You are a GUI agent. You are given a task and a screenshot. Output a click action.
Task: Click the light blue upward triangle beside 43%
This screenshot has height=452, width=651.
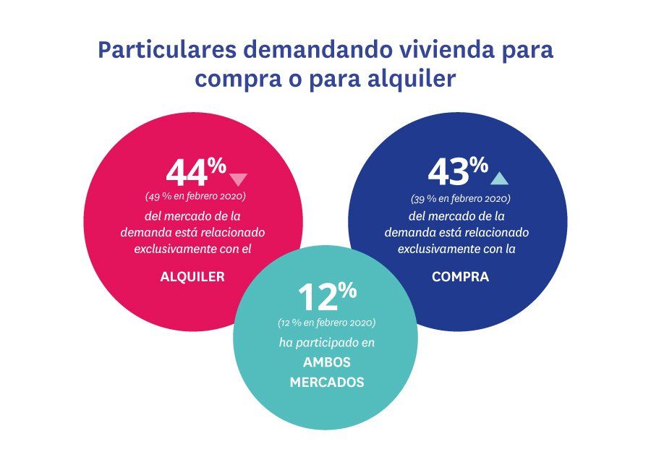(499, 178)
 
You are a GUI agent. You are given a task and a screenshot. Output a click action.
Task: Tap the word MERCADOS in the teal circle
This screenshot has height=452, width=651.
(327, 382)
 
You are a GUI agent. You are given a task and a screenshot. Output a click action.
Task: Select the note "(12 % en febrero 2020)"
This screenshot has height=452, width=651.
(327, 321)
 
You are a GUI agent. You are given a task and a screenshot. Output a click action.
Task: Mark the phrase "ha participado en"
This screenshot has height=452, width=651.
(327, 342)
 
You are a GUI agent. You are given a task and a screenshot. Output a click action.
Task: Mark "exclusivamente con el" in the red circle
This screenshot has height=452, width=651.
(193, 250)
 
